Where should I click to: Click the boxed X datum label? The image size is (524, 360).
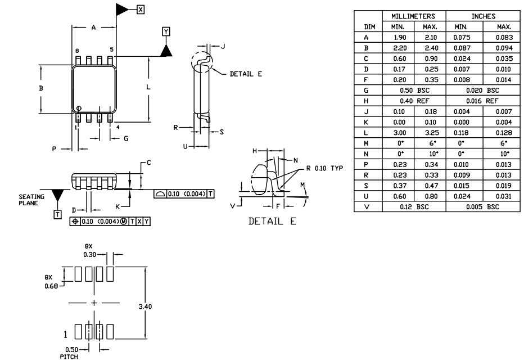[141, 9]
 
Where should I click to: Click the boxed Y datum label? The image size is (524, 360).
[165, 31]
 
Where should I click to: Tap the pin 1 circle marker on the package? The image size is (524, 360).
[79, 109]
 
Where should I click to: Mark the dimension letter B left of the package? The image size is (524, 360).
[40, 88]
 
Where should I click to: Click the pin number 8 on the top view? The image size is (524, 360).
[77, 51]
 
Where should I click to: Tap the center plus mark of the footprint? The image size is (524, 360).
[94, 303]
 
